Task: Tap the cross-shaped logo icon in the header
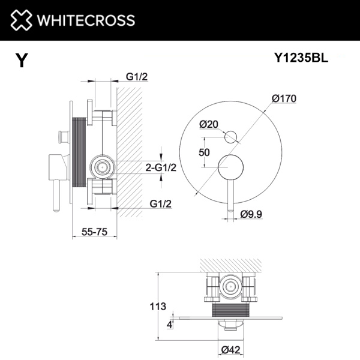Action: [19, 20]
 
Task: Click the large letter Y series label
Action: [22, 61]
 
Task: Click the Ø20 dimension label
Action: [208, 124]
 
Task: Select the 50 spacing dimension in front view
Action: [204, 152]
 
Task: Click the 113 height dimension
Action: [157, 307]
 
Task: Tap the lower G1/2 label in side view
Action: [160, 204]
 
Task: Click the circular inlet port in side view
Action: [102, 166]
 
